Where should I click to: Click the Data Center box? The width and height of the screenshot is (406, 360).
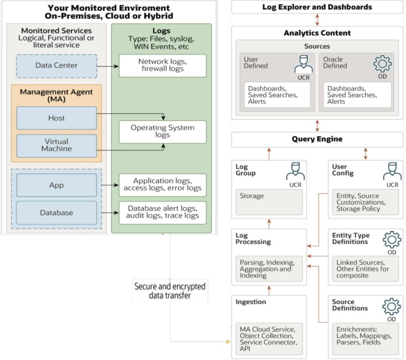point(56,66)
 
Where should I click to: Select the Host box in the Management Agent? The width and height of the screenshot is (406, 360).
point(56,118)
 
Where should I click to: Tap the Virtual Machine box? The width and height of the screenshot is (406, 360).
point(56,145)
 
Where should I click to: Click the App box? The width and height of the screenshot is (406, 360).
point(56,185)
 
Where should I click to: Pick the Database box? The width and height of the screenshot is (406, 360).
point(56,213)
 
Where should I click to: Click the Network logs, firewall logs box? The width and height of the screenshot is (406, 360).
point(163,65)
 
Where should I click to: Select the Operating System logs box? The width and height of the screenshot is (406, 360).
point(163,131)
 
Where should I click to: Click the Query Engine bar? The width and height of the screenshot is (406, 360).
point(317,139)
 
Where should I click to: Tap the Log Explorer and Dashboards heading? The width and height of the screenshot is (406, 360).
point(317,7)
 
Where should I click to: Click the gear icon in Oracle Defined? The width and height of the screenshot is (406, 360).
point(382,64)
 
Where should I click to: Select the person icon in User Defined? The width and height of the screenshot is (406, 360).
point(303,64)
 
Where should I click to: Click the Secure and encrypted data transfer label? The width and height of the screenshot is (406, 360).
point(170,291)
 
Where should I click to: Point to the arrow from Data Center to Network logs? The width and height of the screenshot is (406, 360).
point(108,66)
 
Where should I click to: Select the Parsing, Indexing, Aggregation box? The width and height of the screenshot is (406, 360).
point(269,269)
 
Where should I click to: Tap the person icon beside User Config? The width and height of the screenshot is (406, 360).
point(392,171)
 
